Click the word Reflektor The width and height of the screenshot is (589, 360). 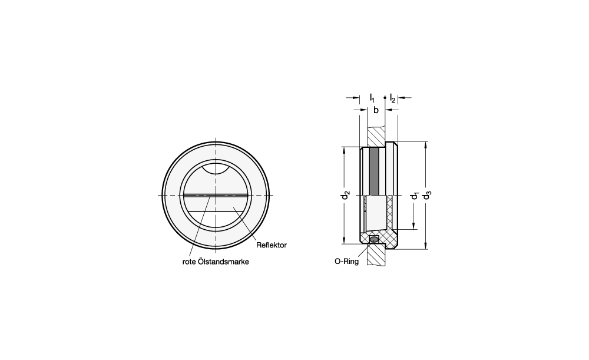(x=271, y=245)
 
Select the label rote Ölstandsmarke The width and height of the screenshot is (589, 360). (x=216, y=262)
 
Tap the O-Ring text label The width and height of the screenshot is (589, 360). (x=347, y=262)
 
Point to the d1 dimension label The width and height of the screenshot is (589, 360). (x=415, y=196)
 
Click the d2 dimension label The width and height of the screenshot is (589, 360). (x=346, y=196)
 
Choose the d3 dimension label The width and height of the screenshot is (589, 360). (x=427, y=196)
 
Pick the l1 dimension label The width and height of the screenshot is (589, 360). (x=372, y=98)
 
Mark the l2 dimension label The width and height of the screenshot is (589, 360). (x=392, y=98)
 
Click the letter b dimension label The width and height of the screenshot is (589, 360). (x=376, y=110)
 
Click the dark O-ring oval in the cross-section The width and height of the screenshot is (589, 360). (x=374, y=240)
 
